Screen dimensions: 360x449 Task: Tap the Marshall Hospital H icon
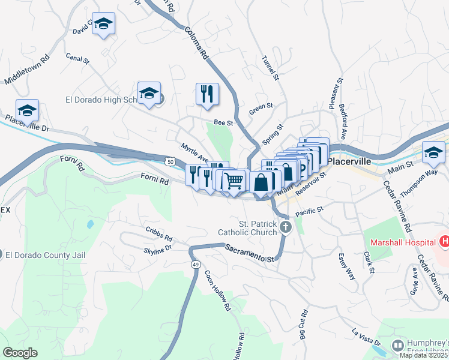tap(444, 242)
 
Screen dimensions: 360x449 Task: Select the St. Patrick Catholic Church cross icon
tap(286, 227)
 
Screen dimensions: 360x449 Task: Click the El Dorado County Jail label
tap(45, 255)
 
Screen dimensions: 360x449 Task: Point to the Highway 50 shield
tap(171, 161)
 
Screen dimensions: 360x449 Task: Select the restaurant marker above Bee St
tap(207, 94)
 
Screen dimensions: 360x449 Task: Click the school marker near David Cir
tap(104, 23)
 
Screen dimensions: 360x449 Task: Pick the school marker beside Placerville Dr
tap(27, 110)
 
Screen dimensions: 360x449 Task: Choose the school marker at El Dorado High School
tap(148, 93)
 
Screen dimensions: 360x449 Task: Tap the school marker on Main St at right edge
tap(433, 152)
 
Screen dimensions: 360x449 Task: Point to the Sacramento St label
tap(249, 253)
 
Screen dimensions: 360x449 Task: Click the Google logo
tap(20, 352)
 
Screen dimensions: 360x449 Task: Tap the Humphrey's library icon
tap(397, 345)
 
